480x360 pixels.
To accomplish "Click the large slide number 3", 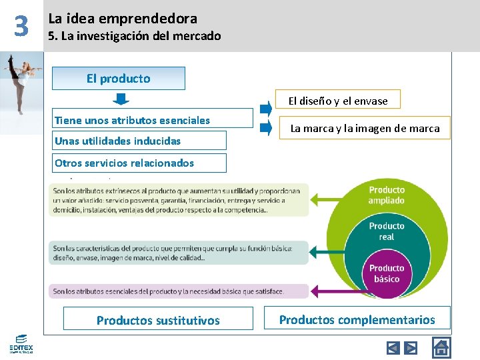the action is pyautogui.click(x=22, y=26).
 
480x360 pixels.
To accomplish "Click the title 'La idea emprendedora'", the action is pyautogui.click(x=123, y=19).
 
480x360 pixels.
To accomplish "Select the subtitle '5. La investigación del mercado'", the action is pyautogui.click(x=134, y=36).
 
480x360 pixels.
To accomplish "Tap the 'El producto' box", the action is pyautogui.click(x=119, y=78).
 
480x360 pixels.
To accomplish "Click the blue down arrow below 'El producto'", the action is pyautogui.click(x=120, y=99).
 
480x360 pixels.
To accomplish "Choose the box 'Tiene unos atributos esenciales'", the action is pyautogui.click(x=153, y=120).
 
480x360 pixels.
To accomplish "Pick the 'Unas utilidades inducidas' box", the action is pyautogui.click(x=139, y=141).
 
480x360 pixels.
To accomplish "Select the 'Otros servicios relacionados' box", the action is pyautogui.click(x=139, y=163).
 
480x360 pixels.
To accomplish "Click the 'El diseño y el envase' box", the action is pyautogui.click(x=338, y=101).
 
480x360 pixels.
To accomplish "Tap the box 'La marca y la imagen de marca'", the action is pyautogui.click(x=365, y=128).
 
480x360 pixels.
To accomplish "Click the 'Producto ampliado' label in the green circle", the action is pyautogui.click(x=387, y=195).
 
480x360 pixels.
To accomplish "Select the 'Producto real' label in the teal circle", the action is pyautogui.click(x=387, y=231).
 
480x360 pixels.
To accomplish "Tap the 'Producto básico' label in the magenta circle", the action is pyautogui.click(x=387, y=273).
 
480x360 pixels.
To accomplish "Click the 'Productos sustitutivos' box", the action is pyautogui.click(x=158, y=320).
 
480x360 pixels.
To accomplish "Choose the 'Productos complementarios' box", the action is pyautogui.click(x=357, y=319).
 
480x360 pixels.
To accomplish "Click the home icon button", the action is pyautogui.click(x=441, y=347).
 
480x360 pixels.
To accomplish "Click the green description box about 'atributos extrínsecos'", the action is pyautogui.click(x=178, y=200).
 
